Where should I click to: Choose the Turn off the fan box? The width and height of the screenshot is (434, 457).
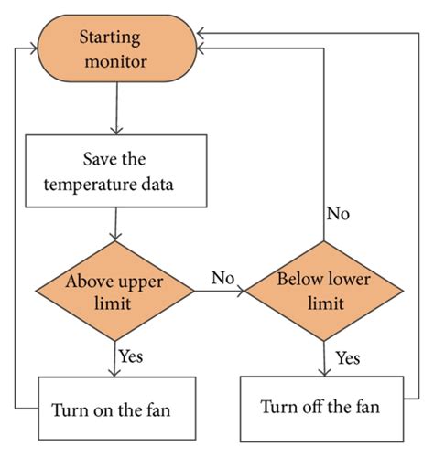(320, 406)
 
